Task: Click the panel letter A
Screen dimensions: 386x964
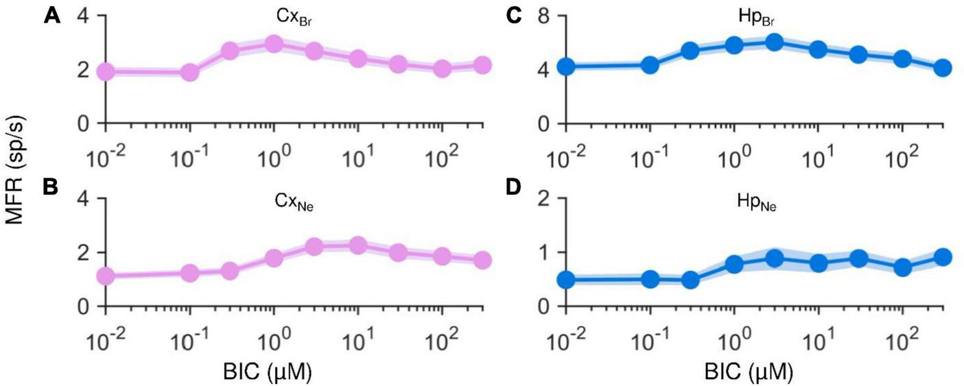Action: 51,15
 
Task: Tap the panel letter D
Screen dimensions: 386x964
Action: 513,186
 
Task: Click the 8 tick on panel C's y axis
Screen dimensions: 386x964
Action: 547,15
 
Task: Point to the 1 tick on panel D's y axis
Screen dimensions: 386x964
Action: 547,252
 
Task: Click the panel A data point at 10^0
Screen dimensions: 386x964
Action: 274,44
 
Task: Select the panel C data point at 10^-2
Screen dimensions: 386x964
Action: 566,67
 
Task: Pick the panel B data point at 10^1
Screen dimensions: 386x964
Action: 357,245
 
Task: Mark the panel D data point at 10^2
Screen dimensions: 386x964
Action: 902,267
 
